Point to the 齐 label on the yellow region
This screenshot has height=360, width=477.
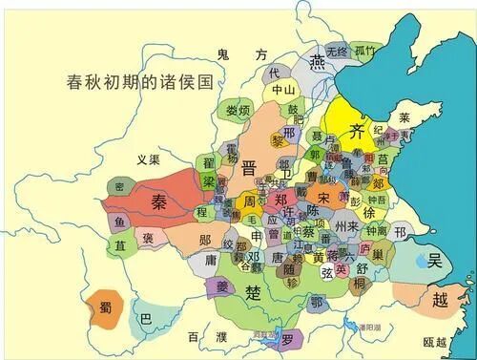(357, 131)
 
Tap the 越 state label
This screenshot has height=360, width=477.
(439, 300)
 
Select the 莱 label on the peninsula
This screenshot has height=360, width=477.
(404, 118)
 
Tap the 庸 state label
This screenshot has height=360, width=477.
(210, 258)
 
